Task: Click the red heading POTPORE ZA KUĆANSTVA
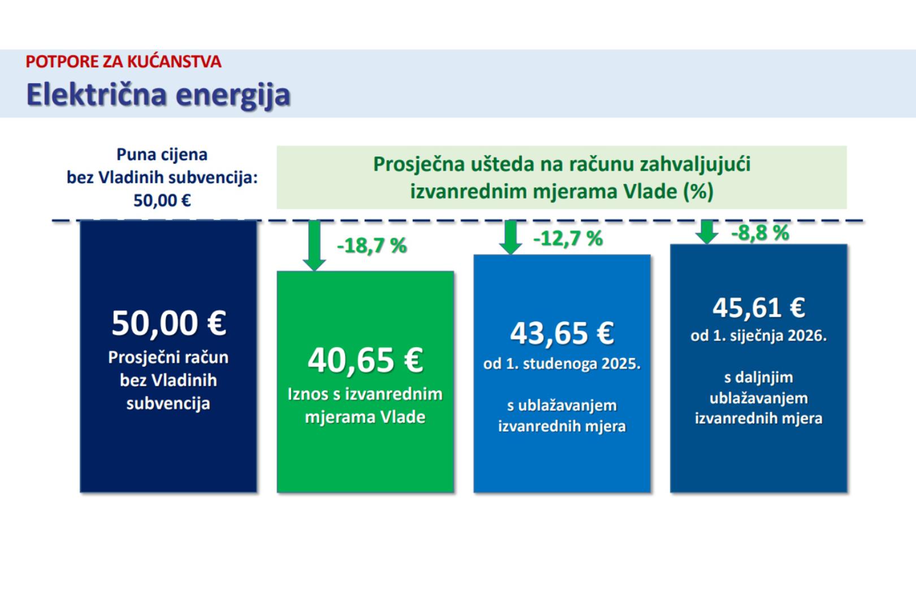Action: (123, 62)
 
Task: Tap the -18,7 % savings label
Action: (371, 246)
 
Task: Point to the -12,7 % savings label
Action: (568, 238)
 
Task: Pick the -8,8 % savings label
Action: (760, 233)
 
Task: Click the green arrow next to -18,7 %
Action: (314, 246)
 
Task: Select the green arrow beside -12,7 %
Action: (511, 238)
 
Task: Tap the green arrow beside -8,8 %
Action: (707, 232)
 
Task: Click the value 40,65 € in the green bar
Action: (365, 360)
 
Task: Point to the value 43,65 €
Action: (562, 333)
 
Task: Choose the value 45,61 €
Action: (759, 308)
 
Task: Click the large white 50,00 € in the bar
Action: (169, 323)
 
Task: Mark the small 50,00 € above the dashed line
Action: (162, 200)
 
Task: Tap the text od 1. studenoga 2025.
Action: (562, 363)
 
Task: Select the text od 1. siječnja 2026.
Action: (759, 336)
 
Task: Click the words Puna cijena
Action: (162, 154)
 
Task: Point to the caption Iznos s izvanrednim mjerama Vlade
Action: (365, 406)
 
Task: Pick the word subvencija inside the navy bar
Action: (168, 404)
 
